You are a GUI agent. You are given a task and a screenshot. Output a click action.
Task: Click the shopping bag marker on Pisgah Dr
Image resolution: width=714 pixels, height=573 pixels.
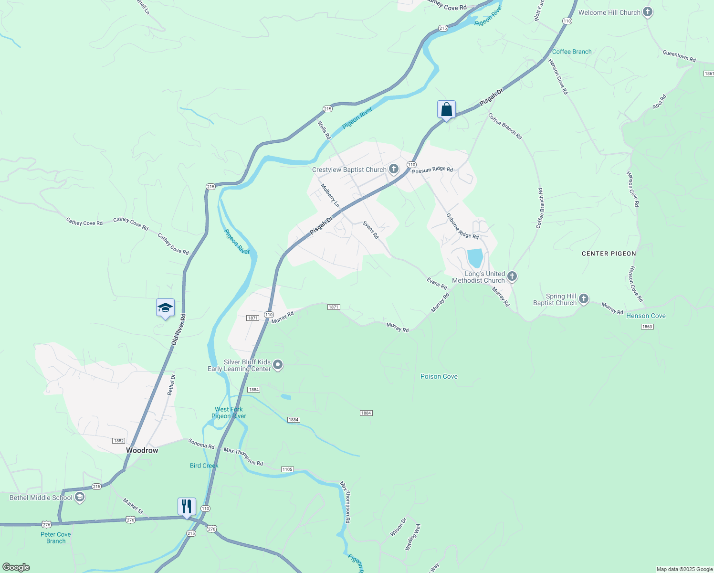446,110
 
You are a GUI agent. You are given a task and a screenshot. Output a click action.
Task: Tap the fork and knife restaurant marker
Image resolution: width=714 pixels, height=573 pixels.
187,506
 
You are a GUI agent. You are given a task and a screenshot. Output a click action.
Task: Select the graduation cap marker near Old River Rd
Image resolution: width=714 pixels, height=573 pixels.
165,308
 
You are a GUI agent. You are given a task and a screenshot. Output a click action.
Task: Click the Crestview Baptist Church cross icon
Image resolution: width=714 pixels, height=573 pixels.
394,169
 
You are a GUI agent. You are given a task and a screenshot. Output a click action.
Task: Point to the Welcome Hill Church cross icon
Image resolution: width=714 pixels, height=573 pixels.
647,12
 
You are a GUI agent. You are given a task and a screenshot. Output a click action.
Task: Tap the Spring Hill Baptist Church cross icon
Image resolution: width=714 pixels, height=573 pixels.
584,299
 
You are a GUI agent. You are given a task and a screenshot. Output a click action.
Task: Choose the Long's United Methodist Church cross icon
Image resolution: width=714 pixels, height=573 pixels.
512,276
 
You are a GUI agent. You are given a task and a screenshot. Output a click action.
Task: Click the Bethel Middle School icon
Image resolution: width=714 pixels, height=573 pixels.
80,497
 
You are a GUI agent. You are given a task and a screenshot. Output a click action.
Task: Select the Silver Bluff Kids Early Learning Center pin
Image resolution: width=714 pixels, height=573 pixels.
278,365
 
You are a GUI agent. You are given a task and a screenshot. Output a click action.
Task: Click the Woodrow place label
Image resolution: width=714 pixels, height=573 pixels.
142,450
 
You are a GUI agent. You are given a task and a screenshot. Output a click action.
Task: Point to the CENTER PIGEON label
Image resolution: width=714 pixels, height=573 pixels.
609,254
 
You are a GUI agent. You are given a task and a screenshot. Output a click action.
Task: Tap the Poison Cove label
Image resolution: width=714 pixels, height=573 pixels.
439,376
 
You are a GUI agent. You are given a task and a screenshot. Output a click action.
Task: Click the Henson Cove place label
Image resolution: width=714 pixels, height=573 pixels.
646,316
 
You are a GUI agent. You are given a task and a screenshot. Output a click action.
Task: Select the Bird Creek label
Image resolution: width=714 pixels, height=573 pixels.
204,466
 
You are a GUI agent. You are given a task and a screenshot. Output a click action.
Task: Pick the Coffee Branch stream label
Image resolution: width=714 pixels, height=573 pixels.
572,52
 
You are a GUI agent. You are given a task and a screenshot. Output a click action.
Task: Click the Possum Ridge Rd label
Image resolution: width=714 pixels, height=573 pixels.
432,170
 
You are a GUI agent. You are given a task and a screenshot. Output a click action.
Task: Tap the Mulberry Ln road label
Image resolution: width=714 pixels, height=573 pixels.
330,195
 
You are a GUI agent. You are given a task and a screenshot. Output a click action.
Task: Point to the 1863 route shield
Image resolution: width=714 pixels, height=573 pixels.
647,327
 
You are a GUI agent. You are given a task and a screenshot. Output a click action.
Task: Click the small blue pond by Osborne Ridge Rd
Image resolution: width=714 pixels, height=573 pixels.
475,258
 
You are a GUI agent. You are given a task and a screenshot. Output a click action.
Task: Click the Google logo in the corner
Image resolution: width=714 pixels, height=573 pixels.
16,567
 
